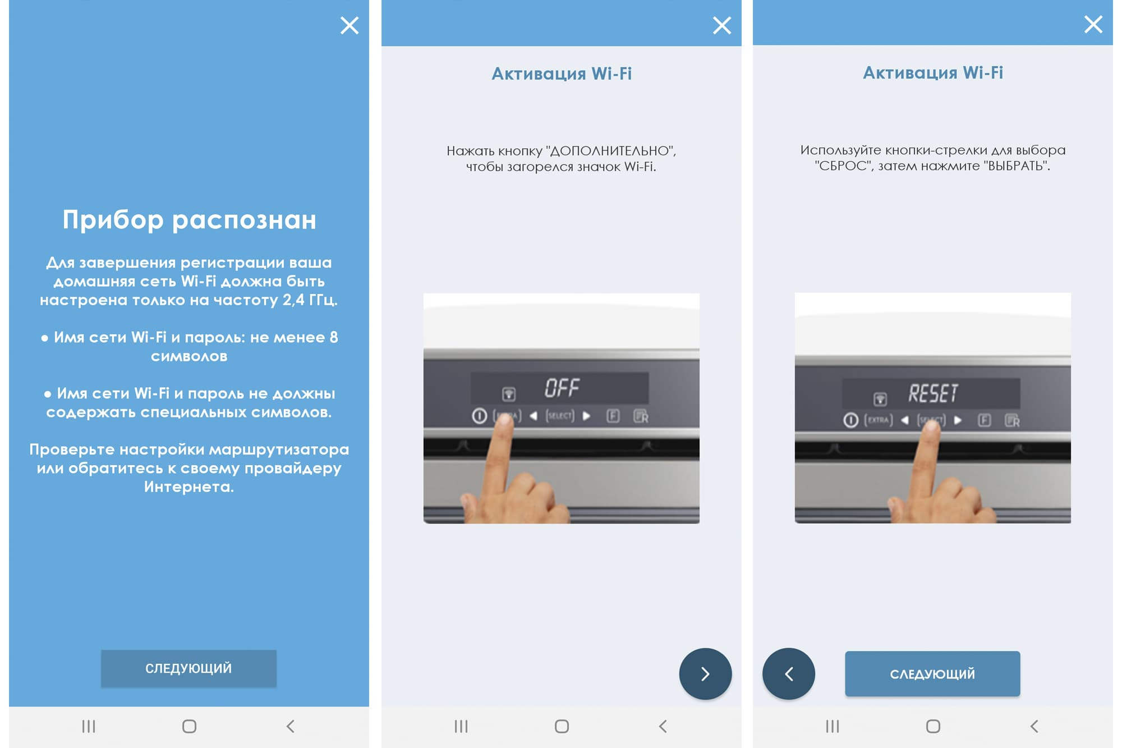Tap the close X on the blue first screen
pyautogui.click(x=350, y=25)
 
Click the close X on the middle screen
pyautogui.click(x=722, y=25)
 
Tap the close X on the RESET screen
pyautogui.click(x=1093, y=24)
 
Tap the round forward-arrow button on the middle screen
pyautogui.click(x=705, y=674)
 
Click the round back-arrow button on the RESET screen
pyautogui.click(x=789, y=674)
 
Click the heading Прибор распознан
pyautogui.click(x=189, y=220)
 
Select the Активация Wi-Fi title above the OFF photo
pyautogui.click(x=562, y=74)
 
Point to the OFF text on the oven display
pyautogui.click(x=562, y=388)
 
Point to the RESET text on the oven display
pyautogui.click(x=933, y=393)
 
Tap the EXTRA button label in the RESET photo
pyautogui.click(x=879, y=420)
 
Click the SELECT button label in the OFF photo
pyautogui.click(x=560, y=416)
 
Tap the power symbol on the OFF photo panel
pyautogui.click(x=479, y=416)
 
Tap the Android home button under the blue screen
pyautogui.click(x=189, y=727)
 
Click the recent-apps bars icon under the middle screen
pyautogui.click(x=461, y=727)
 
